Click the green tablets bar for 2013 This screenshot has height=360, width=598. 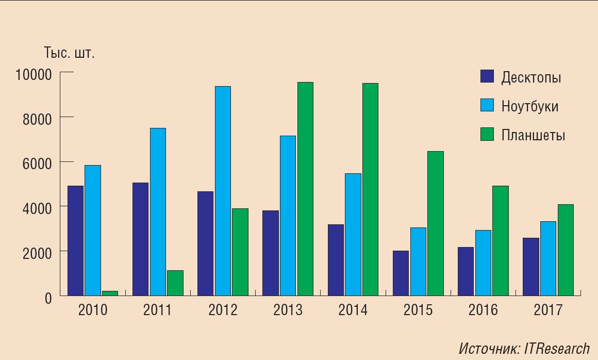[x=305, y=189]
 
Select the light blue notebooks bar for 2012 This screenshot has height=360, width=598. [x=223, y=191]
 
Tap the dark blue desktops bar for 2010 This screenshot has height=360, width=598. [x=75, y=240]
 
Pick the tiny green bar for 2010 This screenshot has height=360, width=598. [x=110, y=293]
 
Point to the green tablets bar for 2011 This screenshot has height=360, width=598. [x=175, y=283]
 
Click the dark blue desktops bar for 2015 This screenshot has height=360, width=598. [x=401, y=273]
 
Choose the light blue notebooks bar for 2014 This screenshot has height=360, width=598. [x=353, y=234]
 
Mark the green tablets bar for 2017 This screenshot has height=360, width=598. [x=566, y=250]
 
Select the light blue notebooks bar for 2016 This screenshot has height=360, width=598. [x=483, y=263]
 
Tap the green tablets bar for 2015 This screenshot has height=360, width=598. [x=435, y=223]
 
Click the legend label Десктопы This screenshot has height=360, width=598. [x=531, y=78]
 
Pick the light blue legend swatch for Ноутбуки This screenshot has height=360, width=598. [x=487, y=105]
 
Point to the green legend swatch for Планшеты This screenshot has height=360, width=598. [x=487, y=134]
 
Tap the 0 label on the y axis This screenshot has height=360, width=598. [x=48, y=298]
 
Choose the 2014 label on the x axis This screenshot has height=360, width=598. [x=353, y=310]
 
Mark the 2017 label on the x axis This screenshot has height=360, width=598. [x=548, y=310]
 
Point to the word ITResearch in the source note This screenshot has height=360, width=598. [x=556, y=349]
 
